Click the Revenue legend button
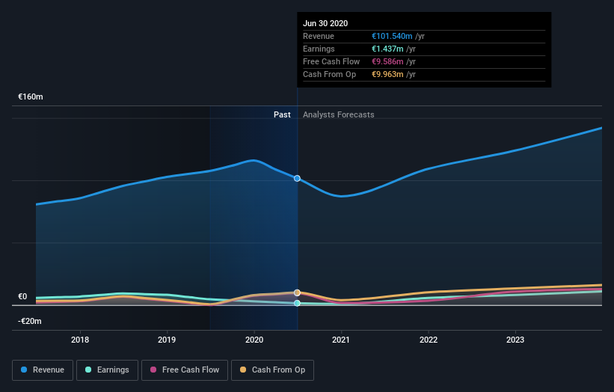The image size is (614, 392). click(43, 370)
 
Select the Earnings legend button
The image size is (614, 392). click(107, 370)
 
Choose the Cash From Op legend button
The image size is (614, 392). click(272, 370)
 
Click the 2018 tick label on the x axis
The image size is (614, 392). click(80, 340)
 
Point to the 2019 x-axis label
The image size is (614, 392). click(167, 340)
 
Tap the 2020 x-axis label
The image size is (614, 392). click(254, 340)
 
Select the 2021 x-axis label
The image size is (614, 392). click(341, 340)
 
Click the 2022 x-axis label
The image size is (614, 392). click(429, 340)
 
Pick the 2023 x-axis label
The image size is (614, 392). click(515, 340)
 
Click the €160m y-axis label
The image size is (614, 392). click(31, 97)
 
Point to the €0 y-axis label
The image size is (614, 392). click(22, 296)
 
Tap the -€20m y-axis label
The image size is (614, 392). click(30, 321)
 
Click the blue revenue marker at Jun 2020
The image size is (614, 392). click(298, 178)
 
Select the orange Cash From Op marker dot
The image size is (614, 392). click(298, 293)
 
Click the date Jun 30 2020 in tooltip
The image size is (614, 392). click(325, 24)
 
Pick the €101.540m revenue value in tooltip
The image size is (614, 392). click(398, 36)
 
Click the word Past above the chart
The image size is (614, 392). click(282, 114)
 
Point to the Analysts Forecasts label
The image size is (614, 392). click(339, 114)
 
